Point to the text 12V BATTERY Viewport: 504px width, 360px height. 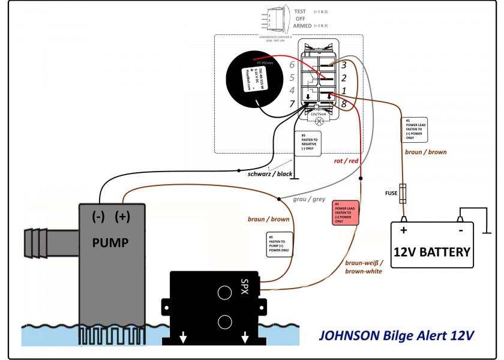(432, 251)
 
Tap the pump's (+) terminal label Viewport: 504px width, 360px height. (122, 217)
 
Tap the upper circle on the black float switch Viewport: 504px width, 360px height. (224, 292)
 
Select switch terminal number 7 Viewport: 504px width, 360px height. (293, 104)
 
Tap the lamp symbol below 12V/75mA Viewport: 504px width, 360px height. (319, 121)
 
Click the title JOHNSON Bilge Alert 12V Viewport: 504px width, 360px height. (396, 334)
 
